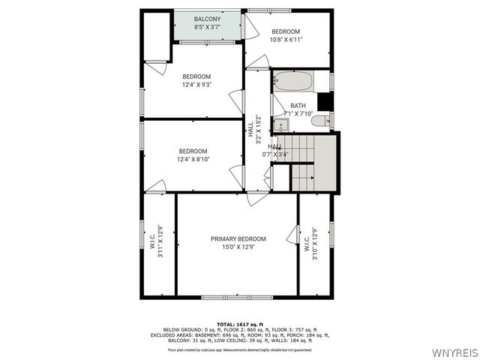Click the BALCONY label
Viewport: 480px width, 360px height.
tap(207, 19)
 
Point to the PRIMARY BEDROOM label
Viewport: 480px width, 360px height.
tap(238, 238)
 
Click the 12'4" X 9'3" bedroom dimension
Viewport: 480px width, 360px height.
tap(196, 85)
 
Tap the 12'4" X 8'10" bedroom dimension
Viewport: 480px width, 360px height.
tap(193, 159)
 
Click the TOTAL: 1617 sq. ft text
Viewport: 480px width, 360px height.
tap(241, 323)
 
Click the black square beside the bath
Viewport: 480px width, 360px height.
tap(324, 101)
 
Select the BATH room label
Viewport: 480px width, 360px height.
tap(298, 106)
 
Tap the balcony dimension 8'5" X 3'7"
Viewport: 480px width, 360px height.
tap(207, 27)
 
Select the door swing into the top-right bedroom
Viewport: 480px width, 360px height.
tap(252, 28)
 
